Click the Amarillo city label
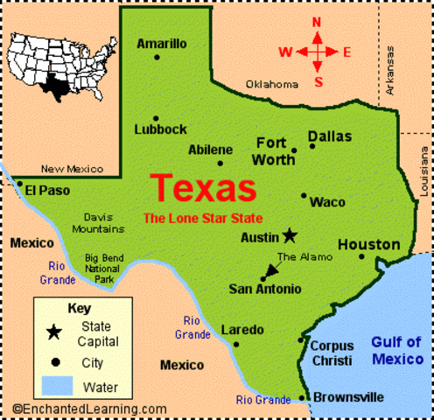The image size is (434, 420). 162,43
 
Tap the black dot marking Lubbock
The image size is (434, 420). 156,118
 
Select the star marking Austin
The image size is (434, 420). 290,235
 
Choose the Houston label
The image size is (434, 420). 368,244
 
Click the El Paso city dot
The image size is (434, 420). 20,184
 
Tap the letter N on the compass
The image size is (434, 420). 317,22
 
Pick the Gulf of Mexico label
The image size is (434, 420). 397,350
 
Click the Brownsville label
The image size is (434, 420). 347,397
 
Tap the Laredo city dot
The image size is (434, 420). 235,344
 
